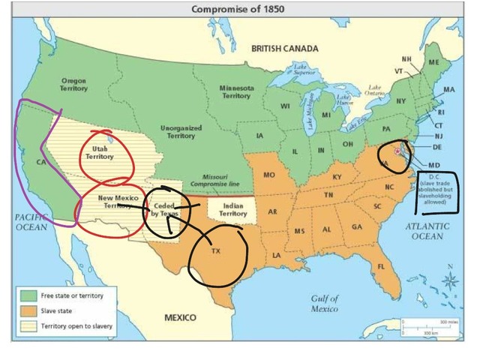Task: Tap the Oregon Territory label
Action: (x=74, y=83)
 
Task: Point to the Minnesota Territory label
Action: (x=235, y=91)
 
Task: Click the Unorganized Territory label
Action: (x=181, y=131)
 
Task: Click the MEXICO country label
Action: (x=181, y=317)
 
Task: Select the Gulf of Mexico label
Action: (x=325, y=304)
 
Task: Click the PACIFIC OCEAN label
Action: (x=31, y=220)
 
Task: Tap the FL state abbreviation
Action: (x=382, y=266)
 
